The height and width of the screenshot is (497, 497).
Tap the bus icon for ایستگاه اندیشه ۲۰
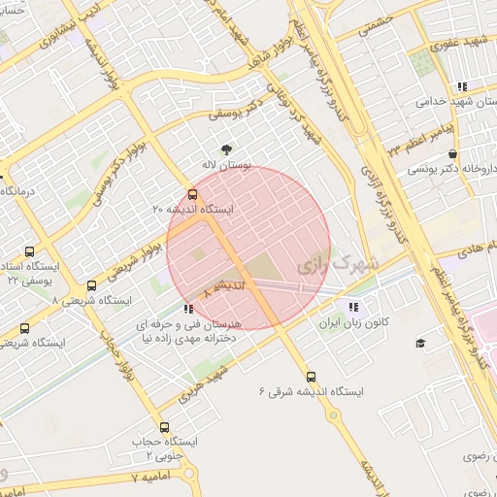[x=191, y=192]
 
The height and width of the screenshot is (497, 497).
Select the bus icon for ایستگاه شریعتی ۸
[x=91, y=286]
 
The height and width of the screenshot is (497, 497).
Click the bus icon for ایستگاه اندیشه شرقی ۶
[x=311, y=376]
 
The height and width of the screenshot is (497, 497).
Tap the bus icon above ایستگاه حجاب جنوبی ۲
[x=163, y=426]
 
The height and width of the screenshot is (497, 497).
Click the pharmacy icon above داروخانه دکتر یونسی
[x=452, y=154]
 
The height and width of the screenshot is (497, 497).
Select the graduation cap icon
[x=420, y=343]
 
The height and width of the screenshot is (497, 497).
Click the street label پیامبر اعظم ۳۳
[x=422, y=139]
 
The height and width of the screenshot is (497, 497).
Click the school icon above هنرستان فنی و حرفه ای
[x=188, y=309]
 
